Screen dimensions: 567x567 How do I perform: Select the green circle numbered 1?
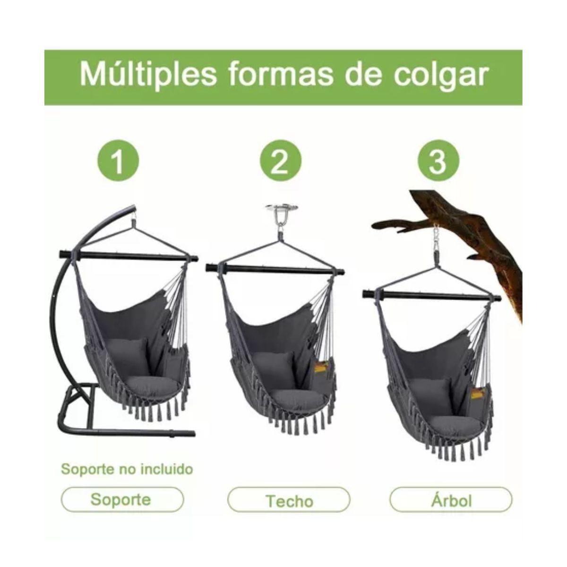(x=118, y=161)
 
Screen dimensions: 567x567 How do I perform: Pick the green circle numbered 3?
(x=438, y=161)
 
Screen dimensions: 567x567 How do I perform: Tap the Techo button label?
(x=289, y=500)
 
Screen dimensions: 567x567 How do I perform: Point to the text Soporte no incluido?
(x=127, y=470)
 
